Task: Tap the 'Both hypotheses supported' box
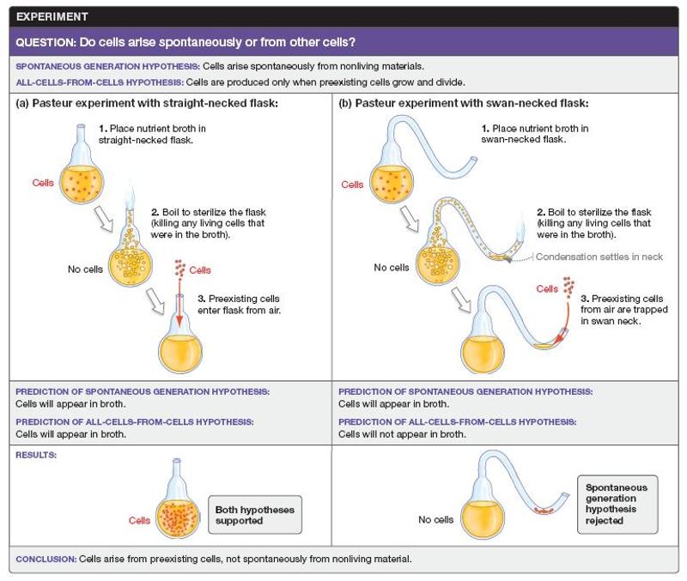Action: (x=254, y=516)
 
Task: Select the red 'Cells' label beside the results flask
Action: (x=140, y=520)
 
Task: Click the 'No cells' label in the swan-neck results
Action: (x=435, y=519)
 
